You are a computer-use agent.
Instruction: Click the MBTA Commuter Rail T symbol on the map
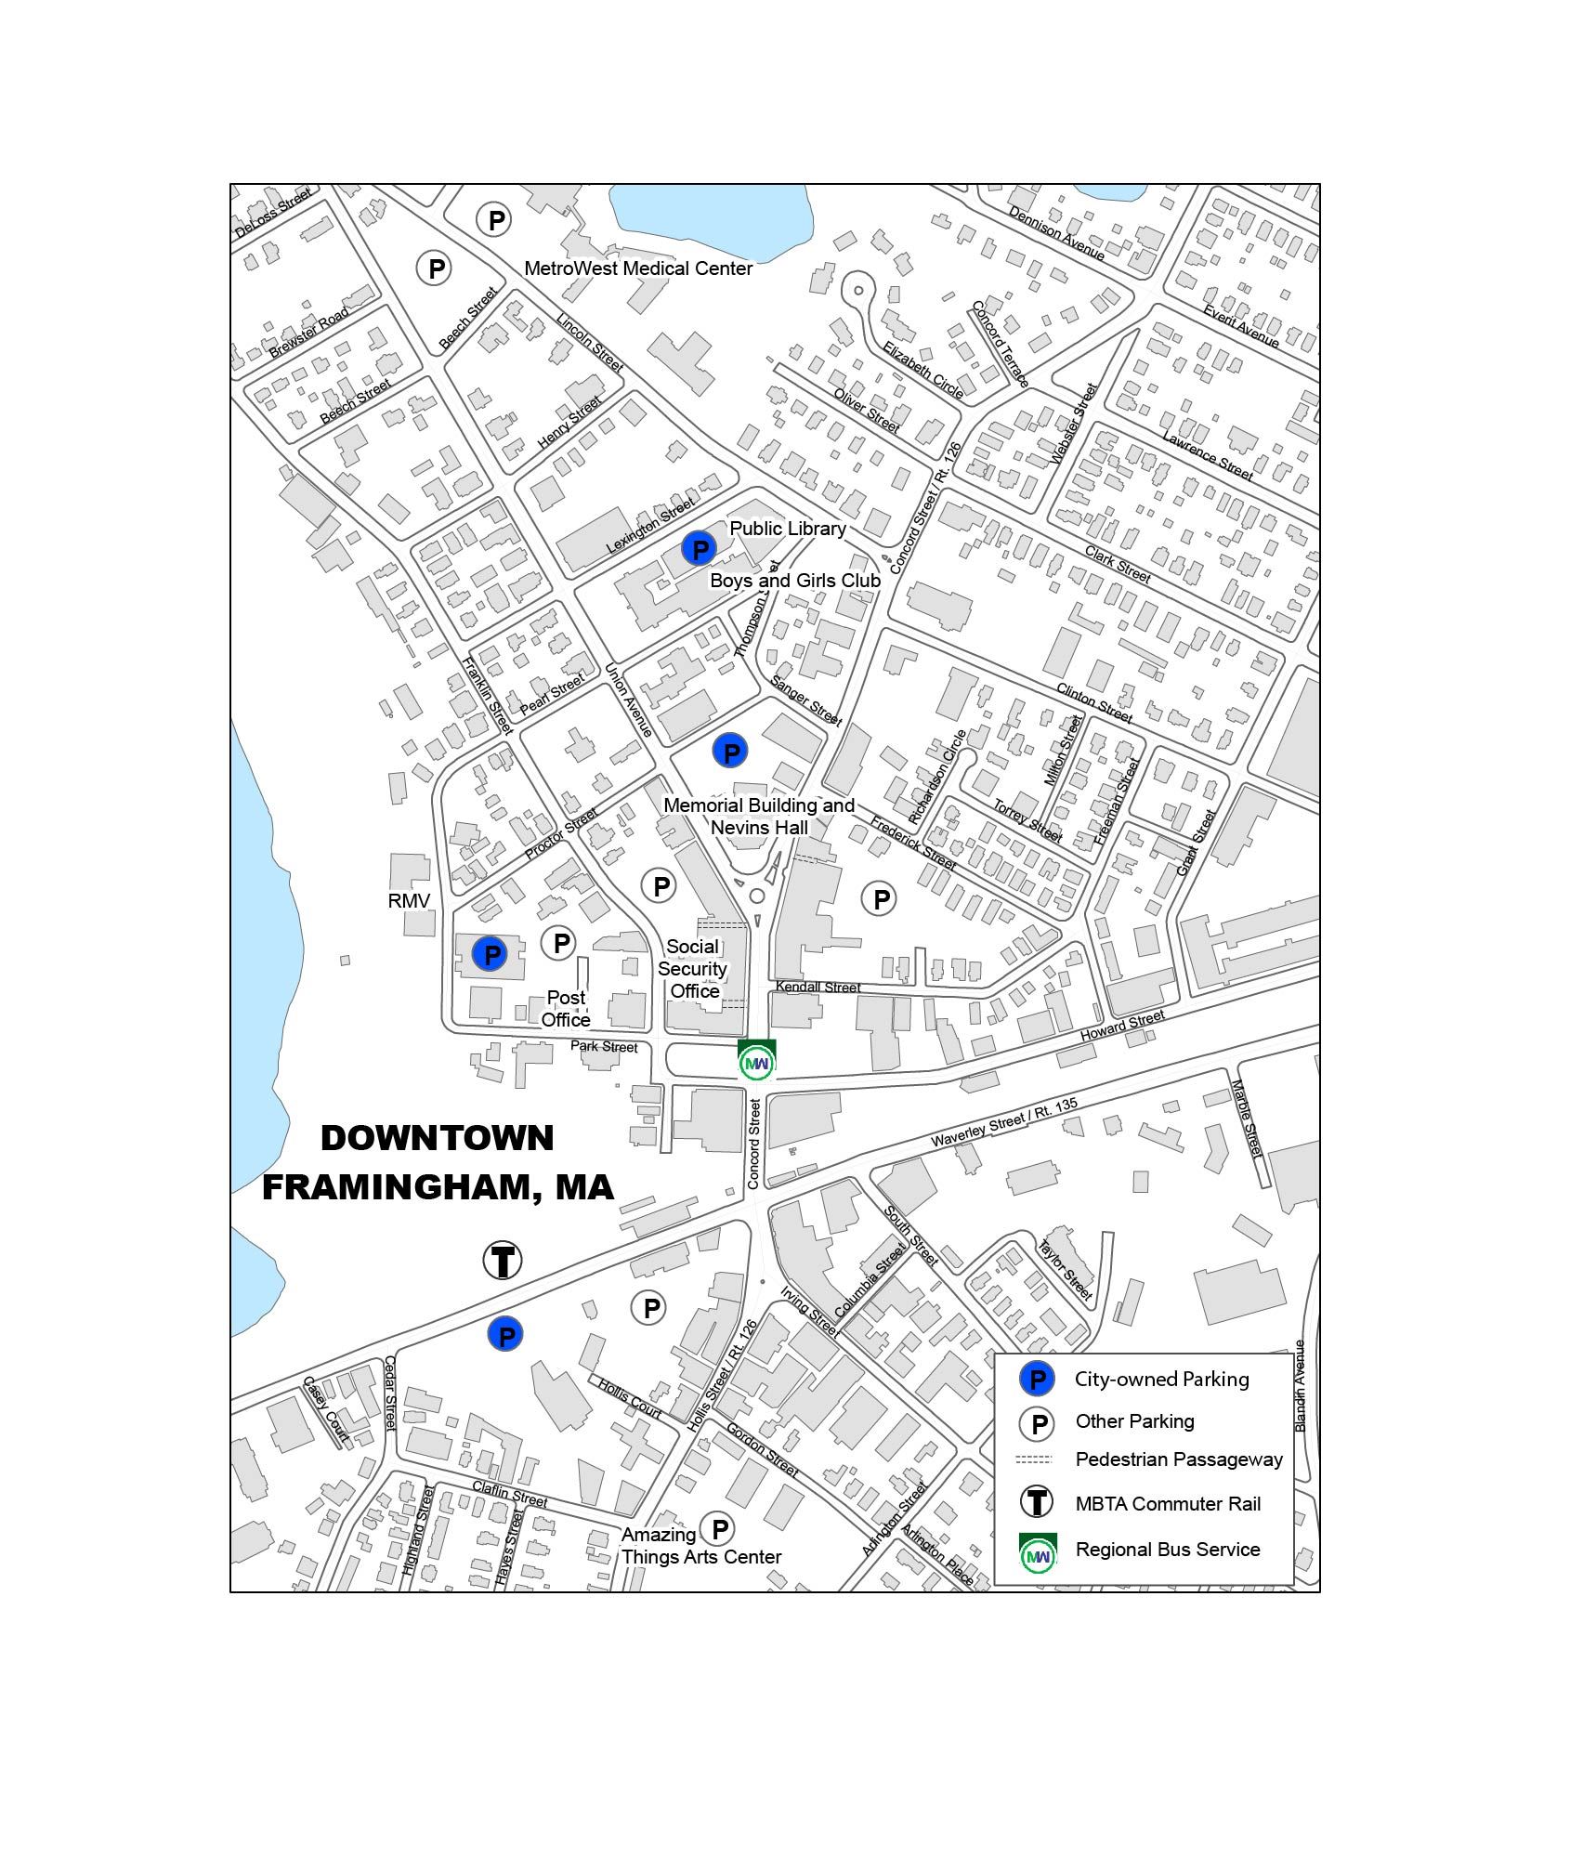pyautogui.click(x=503, y=1261)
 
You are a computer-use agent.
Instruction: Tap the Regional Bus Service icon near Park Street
pyautogui.click(x=756, y=1061)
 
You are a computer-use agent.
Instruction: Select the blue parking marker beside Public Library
pyautogui.click(x=698, y=549)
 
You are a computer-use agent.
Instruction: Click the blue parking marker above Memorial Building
pyautogui.click(x=730, y=751)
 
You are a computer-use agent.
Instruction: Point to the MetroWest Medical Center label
pyautogui.click(x=638, y=268)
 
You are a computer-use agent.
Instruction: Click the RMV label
pyautogui.click(x=409, y=900)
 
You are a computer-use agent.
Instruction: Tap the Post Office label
pyautogui.click(x=566, y=1008)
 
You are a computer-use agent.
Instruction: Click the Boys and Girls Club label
pyautogui.click(x=795, y=581)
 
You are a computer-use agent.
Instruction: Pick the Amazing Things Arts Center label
pyautogui.click(x=700, y=1546)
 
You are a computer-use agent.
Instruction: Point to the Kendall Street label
pyautogui.click(x=818, y=988)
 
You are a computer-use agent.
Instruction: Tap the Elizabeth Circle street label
pyautogui.click(x=922, y=370)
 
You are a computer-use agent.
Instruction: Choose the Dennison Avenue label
pyautogui.click(x=1056, y=233)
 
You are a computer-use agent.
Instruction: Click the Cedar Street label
pyautogui.click(x=390, y=1394)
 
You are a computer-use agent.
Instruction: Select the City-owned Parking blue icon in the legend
pyautogui.click(x=1037, y=1380)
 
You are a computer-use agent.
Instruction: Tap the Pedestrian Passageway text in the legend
pyautogui.click(x=1178, y=1459)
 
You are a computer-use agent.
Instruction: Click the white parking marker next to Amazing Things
pyautogui.click(x=717, y=1528)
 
